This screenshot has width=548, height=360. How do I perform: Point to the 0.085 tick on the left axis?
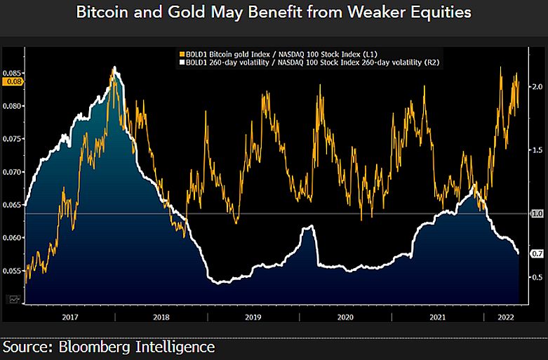[x=12, y=72]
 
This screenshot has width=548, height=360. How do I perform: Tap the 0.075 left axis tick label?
[x=12, y=138]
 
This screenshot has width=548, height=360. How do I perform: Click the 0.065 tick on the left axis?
[x=12, y=204]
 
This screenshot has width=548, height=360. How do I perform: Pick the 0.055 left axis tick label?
[x=12, y=270]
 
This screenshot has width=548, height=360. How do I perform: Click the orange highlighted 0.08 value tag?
[x=13, y=82]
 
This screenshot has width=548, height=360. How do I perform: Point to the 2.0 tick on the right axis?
[x=537, y=86]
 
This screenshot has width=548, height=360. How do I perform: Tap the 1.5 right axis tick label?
[x=537, y=150]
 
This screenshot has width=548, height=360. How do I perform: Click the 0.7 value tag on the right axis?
[x=537, y=253]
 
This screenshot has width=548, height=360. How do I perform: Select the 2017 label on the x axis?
[x=69, y=318]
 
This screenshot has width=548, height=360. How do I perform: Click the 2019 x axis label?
[x=253, y=318]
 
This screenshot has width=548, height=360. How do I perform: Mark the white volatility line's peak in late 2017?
[x=114, y=67]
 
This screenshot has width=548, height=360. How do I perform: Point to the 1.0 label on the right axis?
[x=537, y=213]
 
